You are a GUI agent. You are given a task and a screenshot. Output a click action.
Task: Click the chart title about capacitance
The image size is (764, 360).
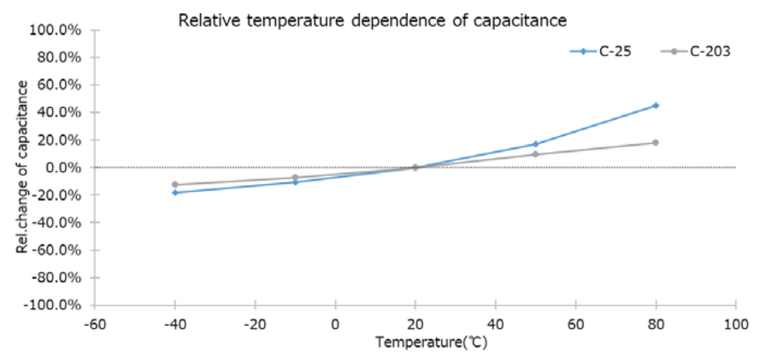pos(373,21)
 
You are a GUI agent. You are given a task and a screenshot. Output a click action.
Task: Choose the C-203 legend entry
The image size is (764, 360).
pos(696,52)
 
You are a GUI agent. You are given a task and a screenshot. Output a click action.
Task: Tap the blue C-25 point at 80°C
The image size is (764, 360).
pos(656,105)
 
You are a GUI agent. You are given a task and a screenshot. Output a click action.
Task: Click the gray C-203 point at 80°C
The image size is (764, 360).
pos(656,143)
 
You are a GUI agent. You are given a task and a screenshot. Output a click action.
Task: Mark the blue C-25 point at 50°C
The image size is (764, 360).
pos(535,144)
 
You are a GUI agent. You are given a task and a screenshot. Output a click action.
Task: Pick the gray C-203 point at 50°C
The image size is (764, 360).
pos(535,154)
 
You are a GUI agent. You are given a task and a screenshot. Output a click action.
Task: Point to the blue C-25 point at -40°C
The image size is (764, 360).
pos(175,192)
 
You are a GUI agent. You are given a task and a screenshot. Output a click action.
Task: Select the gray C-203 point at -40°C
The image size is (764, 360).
pos(175,184)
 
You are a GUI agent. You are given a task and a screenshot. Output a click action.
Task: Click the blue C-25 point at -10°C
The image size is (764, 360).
pos(295,182)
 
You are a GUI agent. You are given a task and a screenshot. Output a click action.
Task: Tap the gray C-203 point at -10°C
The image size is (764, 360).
pos(295,177)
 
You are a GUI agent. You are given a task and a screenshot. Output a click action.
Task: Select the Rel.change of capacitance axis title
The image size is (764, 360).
pos(23,166)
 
